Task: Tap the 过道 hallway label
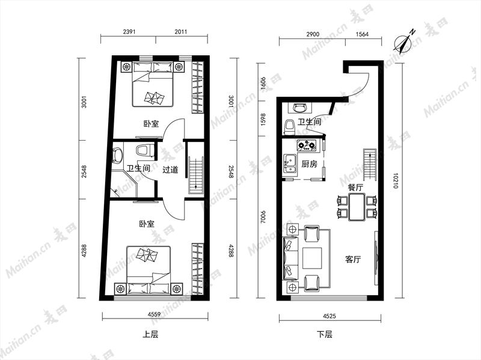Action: click(x=170, y=169)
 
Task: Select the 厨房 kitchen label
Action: click(x=309, y=164)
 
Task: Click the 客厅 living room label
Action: click(x=353, y=260)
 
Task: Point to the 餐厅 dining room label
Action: click(x=355, y=188)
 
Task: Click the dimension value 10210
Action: click(x=396, y=181)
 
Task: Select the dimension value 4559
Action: click(x=154, y=314)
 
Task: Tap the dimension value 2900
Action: click(x=313, y=34)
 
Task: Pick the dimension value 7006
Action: click(x=263, y=216)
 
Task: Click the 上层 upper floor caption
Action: click(x=151, y=334)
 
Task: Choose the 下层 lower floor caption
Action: click(x=325, y=334)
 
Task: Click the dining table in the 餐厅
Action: click(x=357, y=207)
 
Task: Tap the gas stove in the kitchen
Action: click(x=307, y=145)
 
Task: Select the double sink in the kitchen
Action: click(x=290, y=165)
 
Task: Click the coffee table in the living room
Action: click(x=312, y=258)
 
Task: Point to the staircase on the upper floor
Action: click(x=196, y=175)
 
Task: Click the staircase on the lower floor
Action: click(x=370, y=165)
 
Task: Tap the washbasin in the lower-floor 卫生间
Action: click(x=300, y=108)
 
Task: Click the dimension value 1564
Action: click(x=362, y=34)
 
